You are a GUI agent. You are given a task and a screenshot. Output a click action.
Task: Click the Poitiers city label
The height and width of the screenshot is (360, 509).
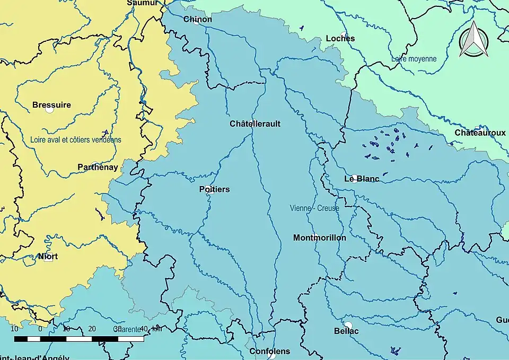click(x=215, y=189)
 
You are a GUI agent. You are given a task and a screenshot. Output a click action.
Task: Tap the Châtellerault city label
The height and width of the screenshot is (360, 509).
click(x=255, y=124)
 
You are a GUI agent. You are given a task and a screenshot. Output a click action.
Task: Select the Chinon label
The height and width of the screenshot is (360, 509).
click(x=198, y=20)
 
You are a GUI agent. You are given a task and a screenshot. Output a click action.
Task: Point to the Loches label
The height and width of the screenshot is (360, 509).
click(x=340, y=38)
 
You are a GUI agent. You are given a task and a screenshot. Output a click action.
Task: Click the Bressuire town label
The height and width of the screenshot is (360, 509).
click(x=51, y=105)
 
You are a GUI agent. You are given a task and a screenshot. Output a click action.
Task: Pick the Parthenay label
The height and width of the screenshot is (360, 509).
click(x=98, y=167)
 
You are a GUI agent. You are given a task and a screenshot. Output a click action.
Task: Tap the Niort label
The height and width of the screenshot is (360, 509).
click(x=48, y=257)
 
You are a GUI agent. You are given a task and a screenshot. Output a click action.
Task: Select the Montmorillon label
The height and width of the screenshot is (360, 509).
click(x=320, y=238)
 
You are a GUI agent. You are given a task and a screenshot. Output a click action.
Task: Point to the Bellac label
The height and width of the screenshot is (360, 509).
click(x=346, y=331)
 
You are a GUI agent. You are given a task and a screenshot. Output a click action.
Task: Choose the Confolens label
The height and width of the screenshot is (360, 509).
click(x=270, y=352)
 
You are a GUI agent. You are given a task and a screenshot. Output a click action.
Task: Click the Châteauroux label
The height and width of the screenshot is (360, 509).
click(x=480, y=133)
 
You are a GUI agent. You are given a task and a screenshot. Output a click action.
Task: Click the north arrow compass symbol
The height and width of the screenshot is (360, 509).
click(x=473, y=39)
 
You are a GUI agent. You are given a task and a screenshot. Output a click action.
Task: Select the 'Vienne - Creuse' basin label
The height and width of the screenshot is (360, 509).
click(x=314, y=208)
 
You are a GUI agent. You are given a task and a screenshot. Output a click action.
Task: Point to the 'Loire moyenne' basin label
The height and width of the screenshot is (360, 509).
click(x=414, y=59)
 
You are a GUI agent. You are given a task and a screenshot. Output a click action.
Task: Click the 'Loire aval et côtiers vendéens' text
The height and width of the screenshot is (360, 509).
click(x=76, y=140)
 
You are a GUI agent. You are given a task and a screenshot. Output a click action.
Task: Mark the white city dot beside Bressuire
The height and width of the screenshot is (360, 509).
click(x=49, y=110)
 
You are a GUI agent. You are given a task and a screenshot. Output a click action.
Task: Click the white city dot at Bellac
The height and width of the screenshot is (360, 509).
click(x=348, y=325)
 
